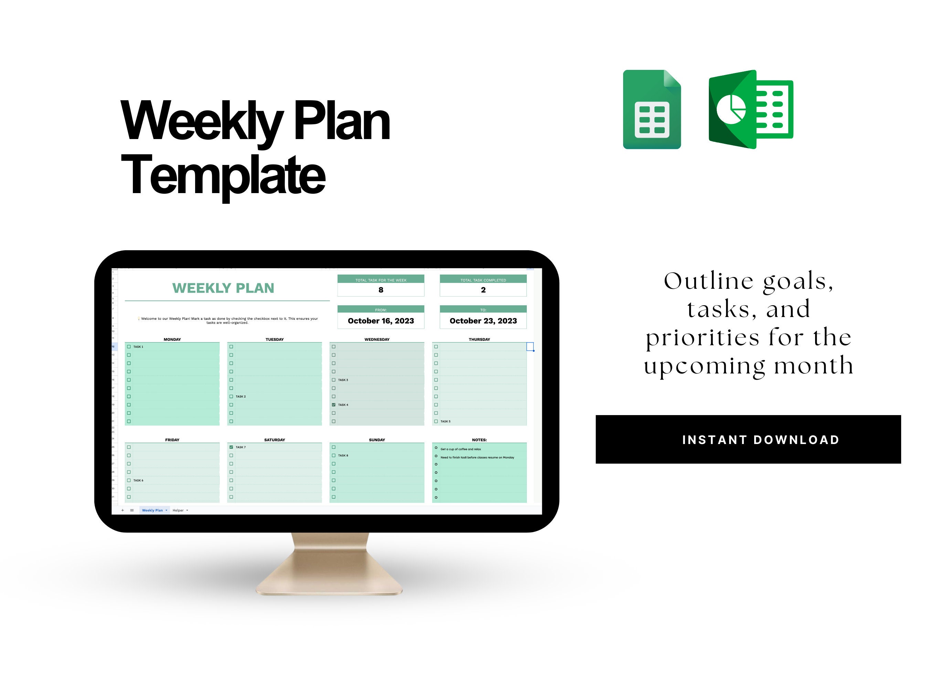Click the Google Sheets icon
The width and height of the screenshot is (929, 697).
pyautogui.click(x=651, y=109)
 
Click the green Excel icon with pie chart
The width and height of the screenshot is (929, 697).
pyautogui.click(x=750, y=109)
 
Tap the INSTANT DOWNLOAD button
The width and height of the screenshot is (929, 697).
pyautogui.click(x=748, y=440)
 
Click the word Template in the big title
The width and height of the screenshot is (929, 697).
pyautogui.click(x=223, y=175)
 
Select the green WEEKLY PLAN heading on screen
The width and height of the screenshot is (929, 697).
pyautogui.click(x=223, y=288)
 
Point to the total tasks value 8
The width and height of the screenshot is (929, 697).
pyautogui.click(x=381, y=290)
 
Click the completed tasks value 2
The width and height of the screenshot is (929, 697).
pyautogui.click(x=483, y=290)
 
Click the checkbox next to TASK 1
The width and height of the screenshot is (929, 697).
pyautogui.click(x=129, y=347)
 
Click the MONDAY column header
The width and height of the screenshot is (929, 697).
pyautogui.click(x=172, y=339)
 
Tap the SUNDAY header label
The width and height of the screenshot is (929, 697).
pyautogui.click(x=377, y=440)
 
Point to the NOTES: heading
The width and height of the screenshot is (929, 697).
pyautogui.click(x=479, y=440)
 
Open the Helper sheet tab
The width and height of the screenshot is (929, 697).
pyautogui.click(x=178, y=510)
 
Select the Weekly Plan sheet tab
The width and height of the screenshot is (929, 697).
pyautogui.click(x=152, y=510)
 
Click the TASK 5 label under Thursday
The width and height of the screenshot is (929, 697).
pyautogui.click(x=445, y=421)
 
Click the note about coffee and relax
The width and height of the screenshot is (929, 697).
pyautogui.click(x=461, y=449)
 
